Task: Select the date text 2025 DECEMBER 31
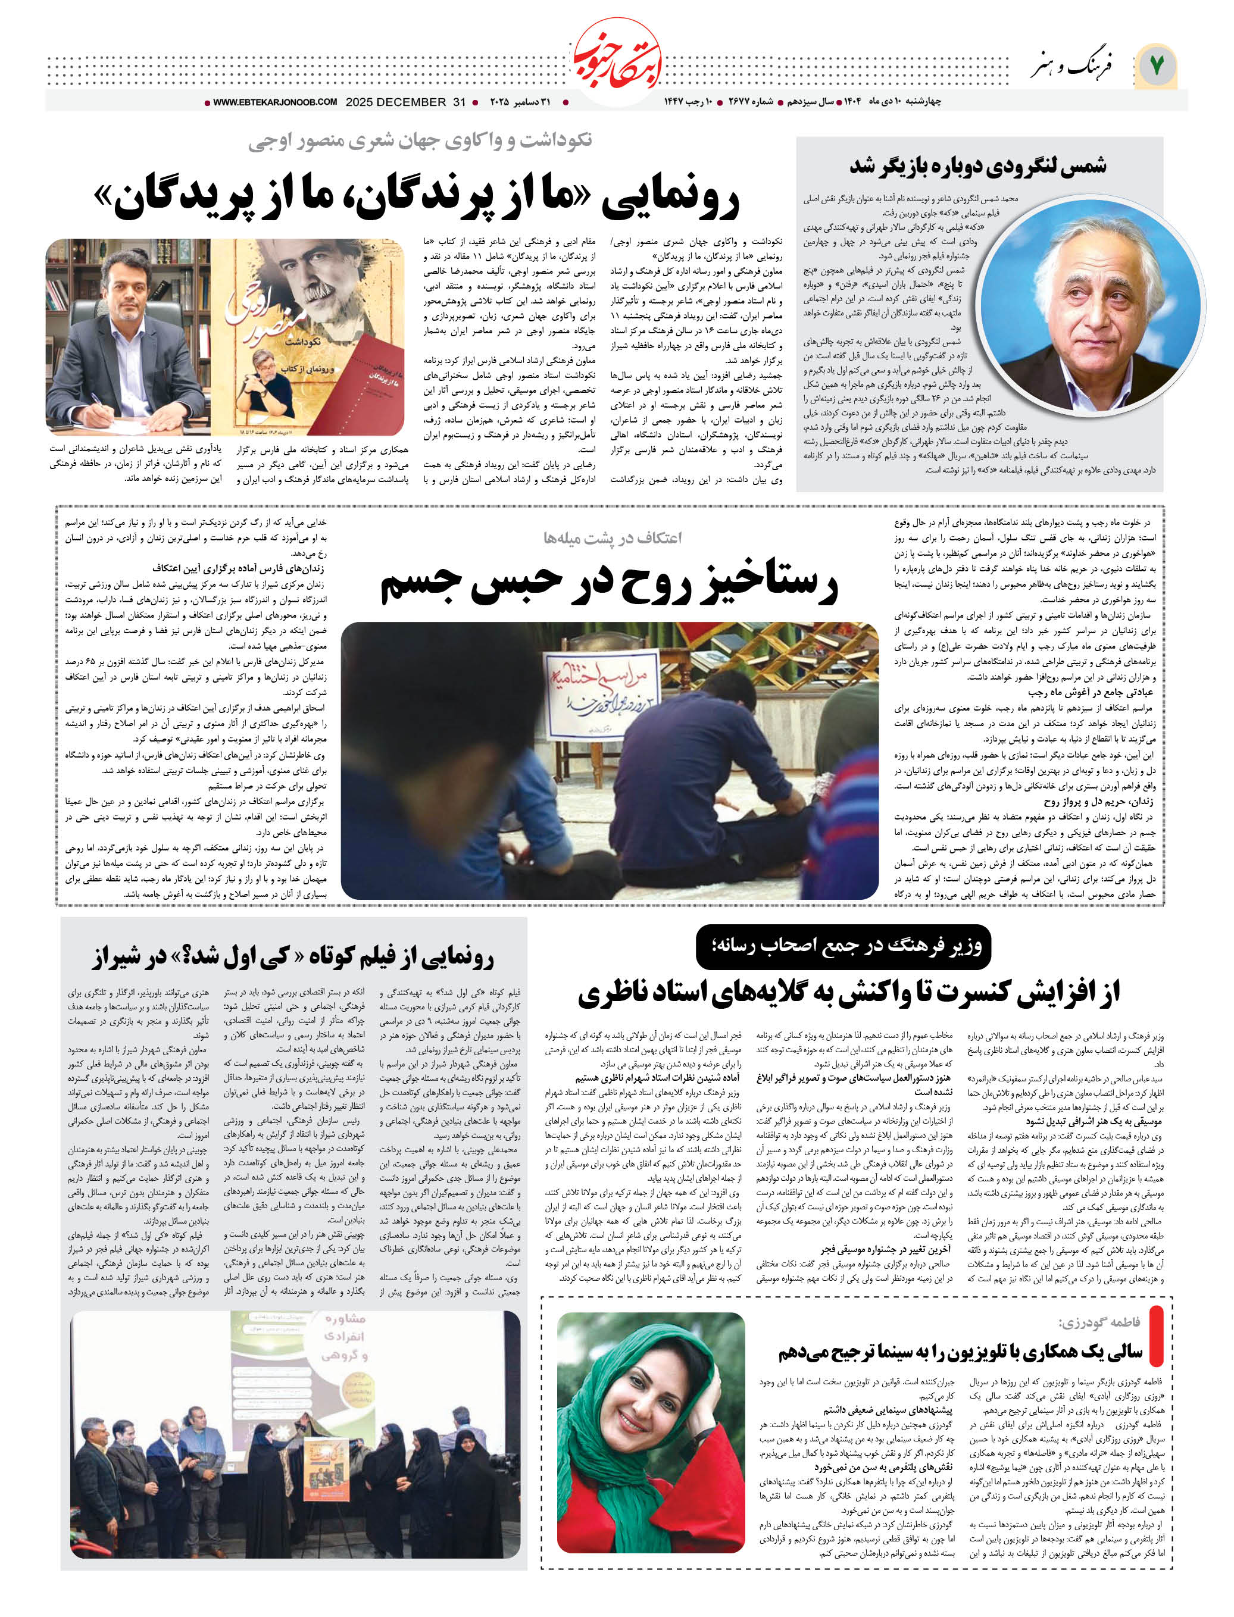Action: (x=405, y=102)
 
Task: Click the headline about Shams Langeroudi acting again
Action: (x=977, y=166)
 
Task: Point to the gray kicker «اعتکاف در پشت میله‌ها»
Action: (x=612, y=537)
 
